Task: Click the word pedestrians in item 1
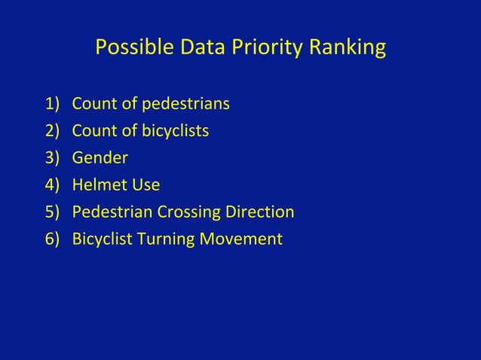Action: coord(181,103)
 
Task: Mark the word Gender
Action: coord(100,158)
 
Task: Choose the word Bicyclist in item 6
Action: coord(102,240)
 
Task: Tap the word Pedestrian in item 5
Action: coord(109,212)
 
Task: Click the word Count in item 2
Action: coord(92,131)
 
